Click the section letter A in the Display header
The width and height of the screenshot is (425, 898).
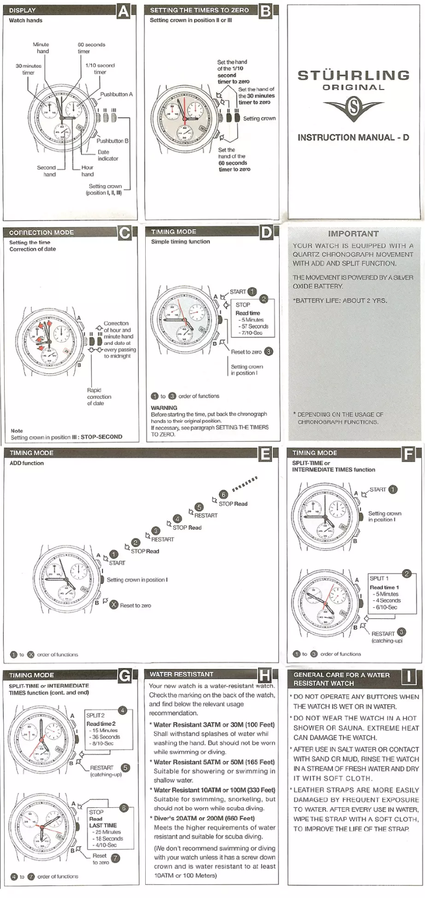[x=123, y=11]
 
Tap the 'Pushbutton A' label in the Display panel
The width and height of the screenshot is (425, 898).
[x=117, y=94]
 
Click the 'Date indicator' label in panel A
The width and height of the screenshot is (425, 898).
[x=108, y=155]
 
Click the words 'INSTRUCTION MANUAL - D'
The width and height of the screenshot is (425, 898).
[x=353, y=137]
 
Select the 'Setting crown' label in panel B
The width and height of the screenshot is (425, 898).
[x=259, y=119]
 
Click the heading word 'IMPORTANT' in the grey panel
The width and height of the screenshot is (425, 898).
[x=353, y=233]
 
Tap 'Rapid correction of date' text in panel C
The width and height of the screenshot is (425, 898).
[x=99, y=397]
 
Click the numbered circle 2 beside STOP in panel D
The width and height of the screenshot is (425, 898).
[x=263, y=299]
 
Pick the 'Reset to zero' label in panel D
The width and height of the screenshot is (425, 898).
[x=246, y=352]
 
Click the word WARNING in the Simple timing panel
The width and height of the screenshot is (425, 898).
[x=164, y=408]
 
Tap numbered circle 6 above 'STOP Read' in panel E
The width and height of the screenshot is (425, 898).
[x=223, y=494]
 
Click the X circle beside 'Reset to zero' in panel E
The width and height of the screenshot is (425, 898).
[x=113, y=605]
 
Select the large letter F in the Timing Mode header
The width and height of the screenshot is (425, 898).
[x=408, y=454]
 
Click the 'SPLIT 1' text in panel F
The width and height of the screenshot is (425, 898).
[x=379, y=578]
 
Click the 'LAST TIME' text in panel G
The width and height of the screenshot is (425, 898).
[x=103, y=825]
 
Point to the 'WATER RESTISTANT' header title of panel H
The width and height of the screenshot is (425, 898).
[x=181, y=674]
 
